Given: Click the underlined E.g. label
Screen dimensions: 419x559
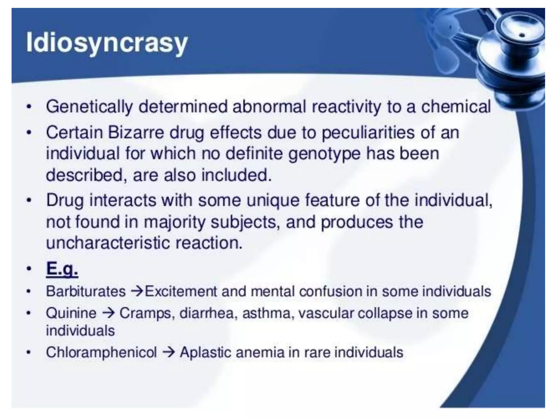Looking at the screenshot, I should [62, 269].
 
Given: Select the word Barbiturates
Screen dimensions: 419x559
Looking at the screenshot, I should [86, 291].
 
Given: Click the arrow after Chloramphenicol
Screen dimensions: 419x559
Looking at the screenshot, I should [168, 352].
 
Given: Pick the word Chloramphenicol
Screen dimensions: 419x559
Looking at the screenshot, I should [101, 352].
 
